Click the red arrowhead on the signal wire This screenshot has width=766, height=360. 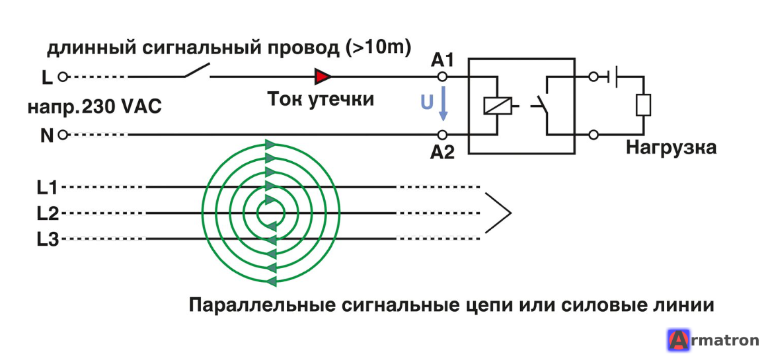pos(323,76)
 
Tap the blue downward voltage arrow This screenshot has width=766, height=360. pos(443,104)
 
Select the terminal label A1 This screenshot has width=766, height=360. pos(443,61)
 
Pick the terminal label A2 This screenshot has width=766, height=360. pos(443,153)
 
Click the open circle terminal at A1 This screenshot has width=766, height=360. pos(442,76)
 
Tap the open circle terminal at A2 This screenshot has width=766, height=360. pos(442,134)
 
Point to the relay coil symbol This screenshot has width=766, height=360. pos(497,106)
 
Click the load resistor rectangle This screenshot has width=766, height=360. pos(643,105)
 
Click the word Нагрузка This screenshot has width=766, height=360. pos(671,147)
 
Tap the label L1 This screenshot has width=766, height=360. pos(48,187)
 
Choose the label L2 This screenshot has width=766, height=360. pos(48,213)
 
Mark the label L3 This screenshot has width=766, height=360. pos(48,239)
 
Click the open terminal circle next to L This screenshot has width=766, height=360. pos(62,77)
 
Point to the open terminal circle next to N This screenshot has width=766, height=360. pos(62,135)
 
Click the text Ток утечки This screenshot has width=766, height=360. pos(321,99)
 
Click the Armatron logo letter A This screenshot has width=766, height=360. pos(677,340)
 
